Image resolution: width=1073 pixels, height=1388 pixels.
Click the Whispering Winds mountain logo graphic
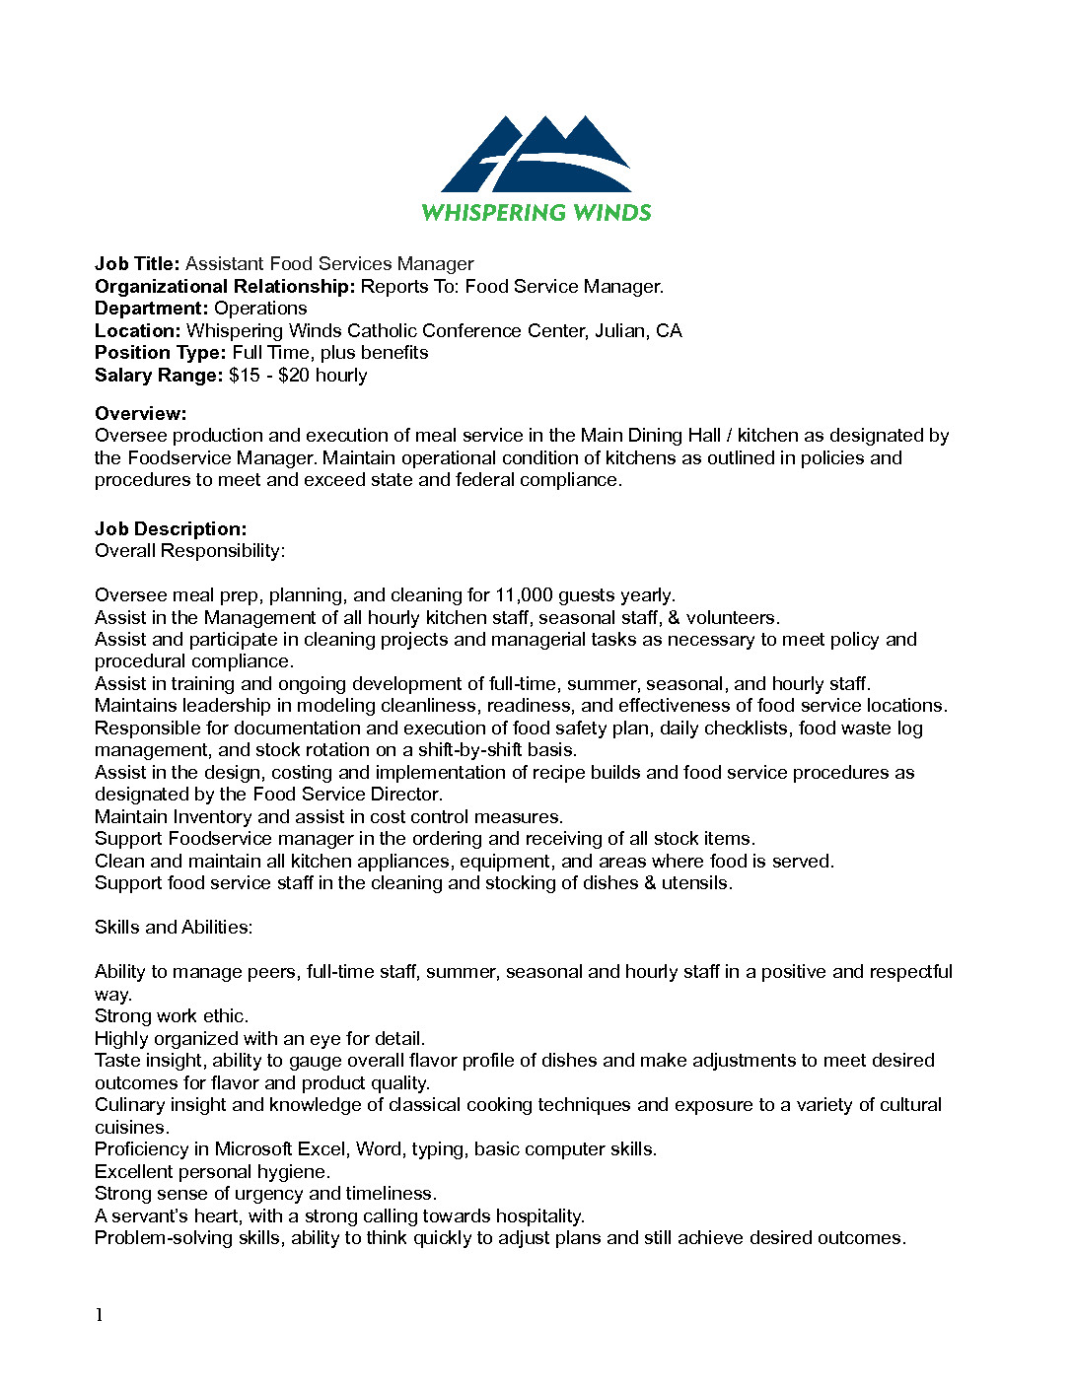point(536,155)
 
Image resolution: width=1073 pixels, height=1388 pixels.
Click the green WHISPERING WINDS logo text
point(536,213)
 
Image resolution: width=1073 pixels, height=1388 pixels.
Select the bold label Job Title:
point(137,264)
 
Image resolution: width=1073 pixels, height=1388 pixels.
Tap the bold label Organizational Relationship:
point(225,287)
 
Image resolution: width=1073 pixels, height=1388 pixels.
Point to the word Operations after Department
point(260,309)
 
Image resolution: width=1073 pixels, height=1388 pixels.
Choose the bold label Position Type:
point(161,353)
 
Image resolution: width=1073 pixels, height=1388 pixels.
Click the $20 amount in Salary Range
point(294,376)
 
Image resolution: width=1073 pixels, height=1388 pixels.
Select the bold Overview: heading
point(140,414)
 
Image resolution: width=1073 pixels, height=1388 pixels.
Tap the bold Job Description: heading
point(171,529)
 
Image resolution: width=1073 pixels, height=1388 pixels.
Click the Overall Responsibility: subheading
point(189,551)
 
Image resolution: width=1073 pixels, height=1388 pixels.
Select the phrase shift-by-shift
point(469,750)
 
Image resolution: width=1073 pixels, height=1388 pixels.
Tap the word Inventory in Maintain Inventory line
point(212,817)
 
